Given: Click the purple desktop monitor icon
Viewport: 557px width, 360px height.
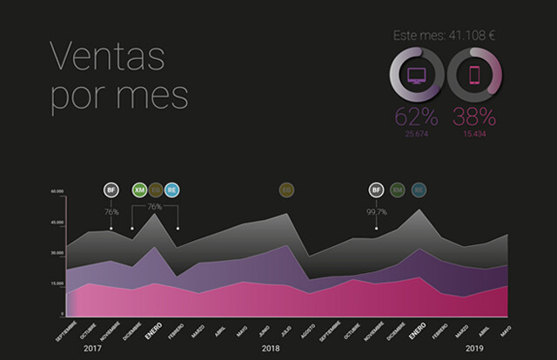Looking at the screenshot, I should pos(417,76).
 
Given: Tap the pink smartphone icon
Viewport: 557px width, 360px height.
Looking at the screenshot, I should pos(475,76).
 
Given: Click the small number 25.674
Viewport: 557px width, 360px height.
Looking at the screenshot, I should pos(417,134).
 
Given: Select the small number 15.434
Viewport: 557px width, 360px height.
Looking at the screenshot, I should pos(475,134).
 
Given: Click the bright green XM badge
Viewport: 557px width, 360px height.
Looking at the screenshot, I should pos(138,189).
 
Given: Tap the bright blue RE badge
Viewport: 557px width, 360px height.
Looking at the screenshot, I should pos(171,189).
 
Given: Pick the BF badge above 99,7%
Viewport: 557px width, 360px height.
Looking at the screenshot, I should pos(376,189).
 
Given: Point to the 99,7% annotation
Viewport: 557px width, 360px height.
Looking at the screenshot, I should pos(376,210).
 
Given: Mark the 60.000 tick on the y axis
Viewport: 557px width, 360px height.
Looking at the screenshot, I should pos(57,191).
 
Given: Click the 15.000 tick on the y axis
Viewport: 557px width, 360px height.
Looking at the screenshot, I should pos(57,283).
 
